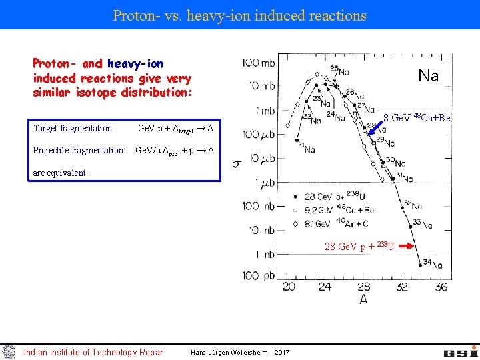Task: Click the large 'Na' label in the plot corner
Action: click(428, 76)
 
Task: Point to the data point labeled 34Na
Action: click(420, 265)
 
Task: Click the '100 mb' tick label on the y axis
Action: click(259, 63)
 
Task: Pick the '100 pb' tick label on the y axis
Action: click(259, 275)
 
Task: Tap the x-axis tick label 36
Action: click(441, 287)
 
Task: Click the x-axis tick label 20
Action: click(289, 287)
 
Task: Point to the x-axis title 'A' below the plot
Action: click(363, 300)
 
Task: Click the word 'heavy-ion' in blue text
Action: click(134, 64)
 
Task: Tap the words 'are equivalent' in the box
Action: click(59, 173)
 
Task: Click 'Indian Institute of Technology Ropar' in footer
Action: click(93, 352)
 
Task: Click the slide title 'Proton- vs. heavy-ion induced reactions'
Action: click(240, 15)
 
